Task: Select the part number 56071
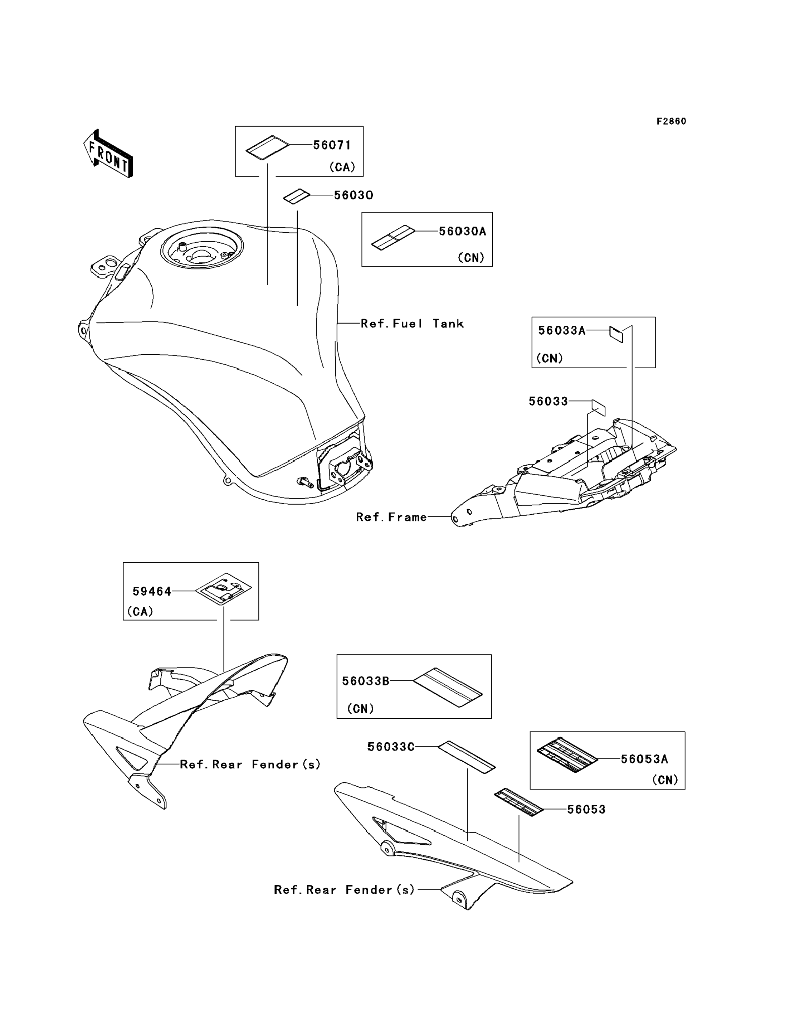(332, 145)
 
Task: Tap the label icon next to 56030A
(393, 238)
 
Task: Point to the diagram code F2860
(671, 121)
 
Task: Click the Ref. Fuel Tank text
(412, 324)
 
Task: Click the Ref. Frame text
(391, 518)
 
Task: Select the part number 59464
(152, 591)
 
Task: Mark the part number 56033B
(365, 681)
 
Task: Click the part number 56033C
(391, 747)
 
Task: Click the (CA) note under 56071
(342, 167)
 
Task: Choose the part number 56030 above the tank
(353, 195)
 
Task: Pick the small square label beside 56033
(598, 407)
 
